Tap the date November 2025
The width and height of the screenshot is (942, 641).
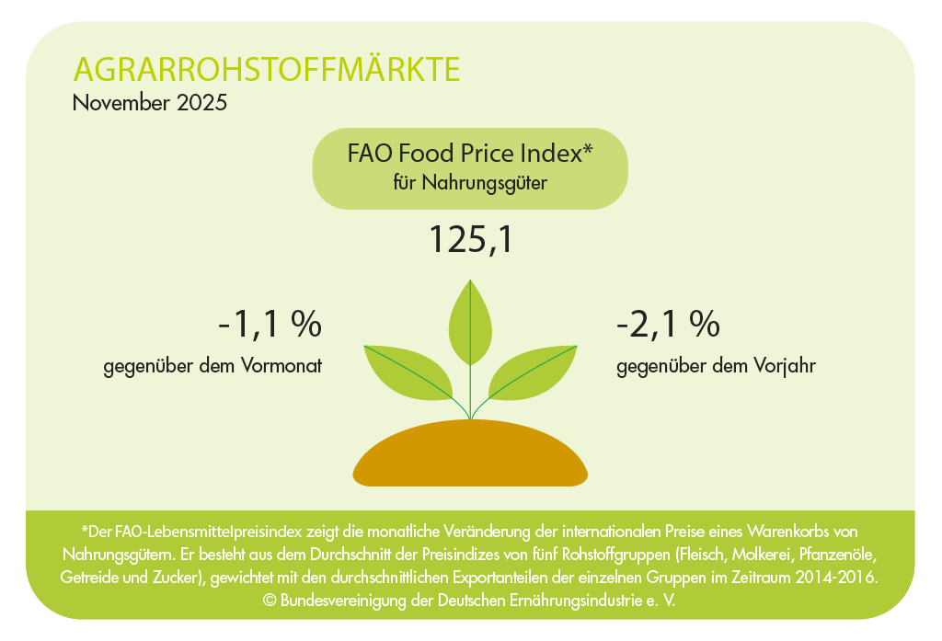coord(150,103)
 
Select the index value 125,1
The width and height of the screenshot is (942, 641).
coord(471,240)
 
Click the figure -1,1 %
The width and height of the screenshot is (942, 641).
coord(270,325)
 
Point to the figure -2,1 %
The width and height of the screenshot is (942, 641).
coord(668,325)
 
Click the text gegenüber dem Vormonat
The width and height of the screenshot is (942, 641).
coord(213,366)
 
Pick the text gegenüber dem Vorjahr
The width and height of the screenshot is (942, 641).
coord(716,366)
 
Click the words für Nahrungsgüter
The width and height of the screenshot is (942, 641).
coord(470,183)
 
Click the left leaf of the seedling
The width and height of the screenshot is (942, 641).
coord(408,372)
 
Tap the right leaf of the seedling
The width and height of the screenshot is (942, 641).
coord(533,372)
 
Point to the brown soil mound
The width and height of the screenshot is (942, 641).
coord(470,454)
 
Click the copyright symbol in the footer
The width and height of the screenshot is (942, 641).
coord(270,601)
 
